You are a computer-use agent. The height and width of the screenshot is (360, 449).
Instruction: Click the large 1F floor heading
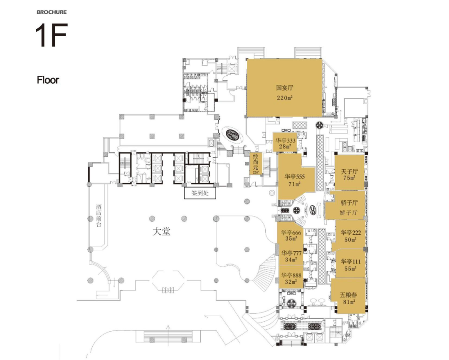51,36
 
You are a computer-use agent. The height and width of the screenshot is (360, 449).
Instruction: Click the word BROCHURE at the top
52,12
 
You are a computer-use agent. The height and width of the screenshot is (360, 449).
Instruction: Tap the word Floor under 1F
48,80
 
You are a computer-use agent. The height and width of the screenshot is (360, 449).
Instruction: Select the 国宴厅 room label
285,88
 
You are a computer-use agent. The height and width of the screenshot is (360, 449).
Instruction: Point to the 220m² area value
285,98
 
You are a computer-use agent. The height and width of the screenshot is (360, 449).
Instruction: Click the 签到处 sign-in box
200,194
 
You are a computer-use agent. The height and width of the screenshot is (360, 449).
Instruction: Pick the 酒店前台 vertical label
99,216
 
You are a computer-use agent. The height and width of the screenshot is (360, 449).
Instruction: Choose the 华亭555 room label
295,176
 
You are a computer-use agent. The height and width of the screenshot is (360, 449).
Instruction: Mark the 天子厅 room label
349,171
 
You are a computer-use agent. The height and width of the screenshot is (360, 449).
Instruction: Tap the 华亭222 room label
350,232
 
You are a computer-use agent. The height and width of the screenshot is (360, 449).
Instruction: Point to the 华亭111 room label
350,261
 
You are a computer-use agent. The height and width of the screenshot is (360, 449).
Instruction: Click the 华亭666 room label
291,233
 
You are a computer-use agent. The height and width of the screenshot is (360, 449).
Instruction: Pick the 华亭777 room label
291,253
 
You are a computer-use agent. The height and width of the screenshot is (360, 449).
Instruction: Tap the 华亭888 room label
291,275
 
